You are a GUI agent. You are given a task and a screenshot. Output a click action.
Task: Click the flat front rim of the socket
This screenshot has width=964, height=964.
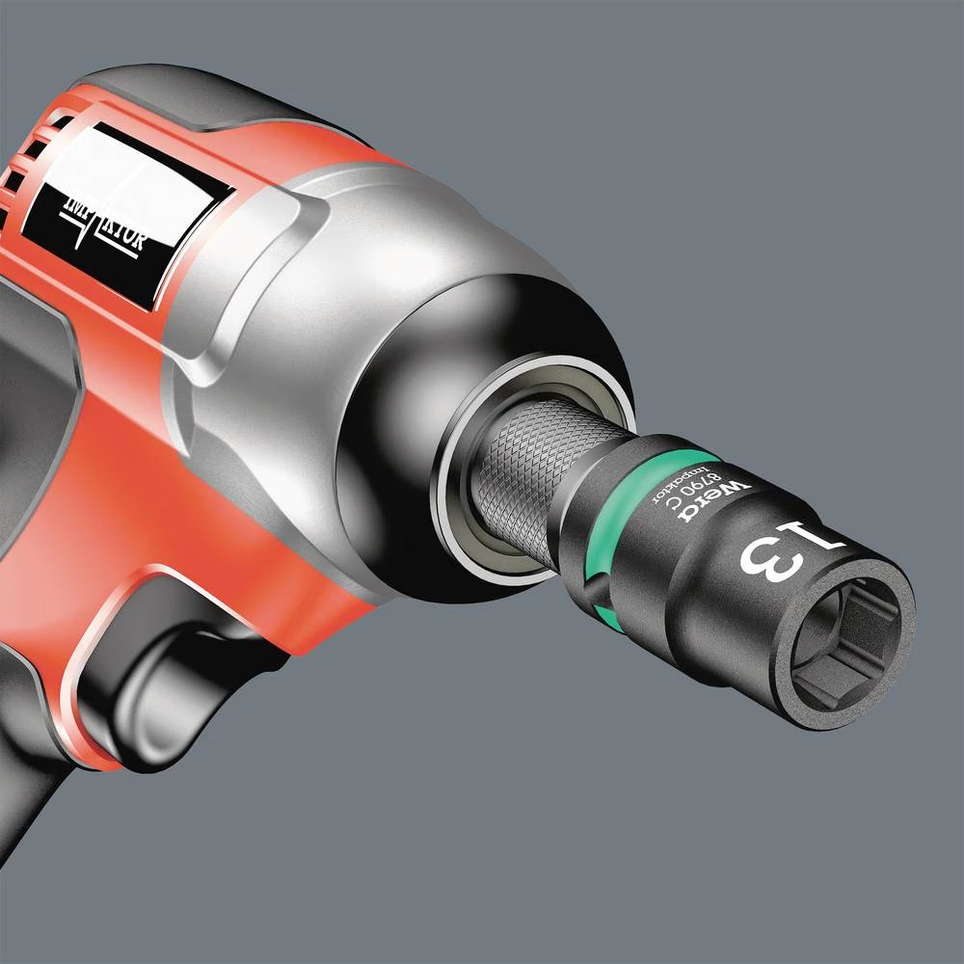click(x=897, y=617)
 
